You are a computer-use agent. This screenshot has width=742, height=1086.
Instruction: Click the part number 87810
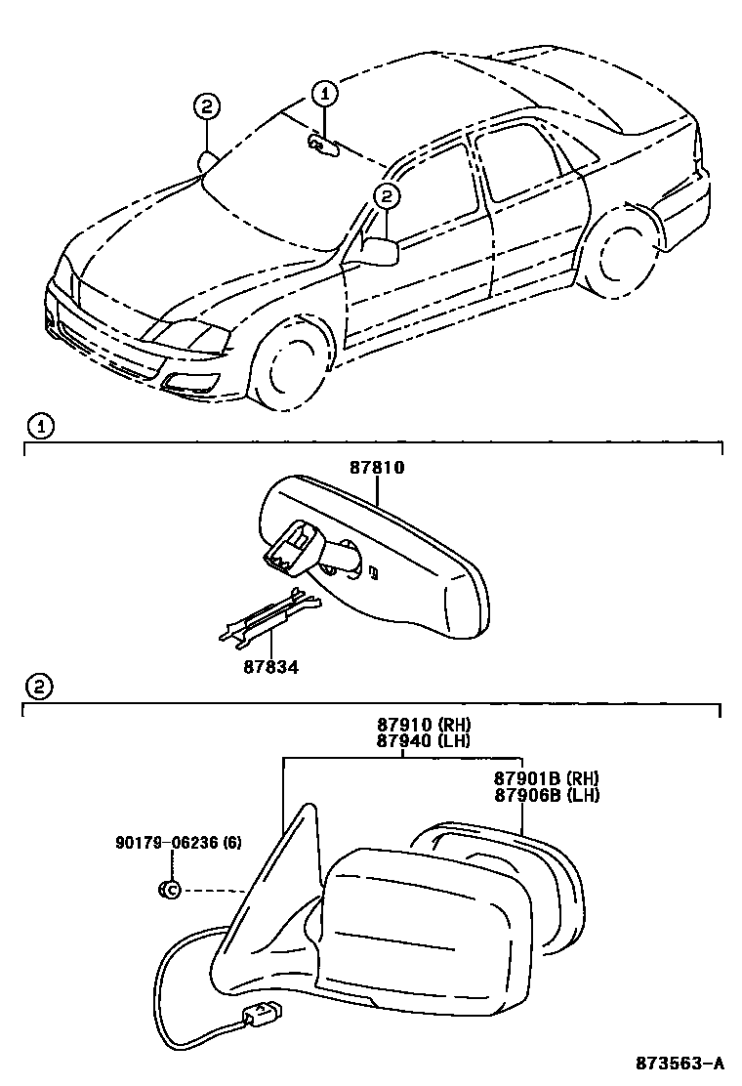[377, 469]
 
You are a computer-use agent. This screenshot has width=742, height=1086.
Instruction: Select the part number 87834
[270, 667]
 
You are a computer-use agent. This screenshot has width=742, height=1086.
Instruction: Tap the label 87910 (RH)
[424, 725]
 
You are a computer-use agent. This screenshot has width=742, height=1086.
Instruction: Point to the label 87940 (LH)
[424, 740]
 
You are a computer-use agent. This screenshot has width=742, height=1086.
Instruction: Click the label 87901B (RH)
[546, 778]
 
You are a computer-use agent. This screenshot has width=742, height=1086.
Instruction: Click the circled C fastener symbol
[168, 889]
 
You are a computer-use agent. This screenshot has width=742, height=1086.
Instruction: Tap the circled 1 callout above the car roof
[324, 93]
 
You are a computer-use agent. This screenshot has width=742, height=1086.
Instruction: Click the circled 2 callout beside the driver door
[387, 196]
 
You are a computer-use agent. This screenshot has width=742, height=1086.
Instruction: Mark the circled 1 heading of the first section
[39, 426]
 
